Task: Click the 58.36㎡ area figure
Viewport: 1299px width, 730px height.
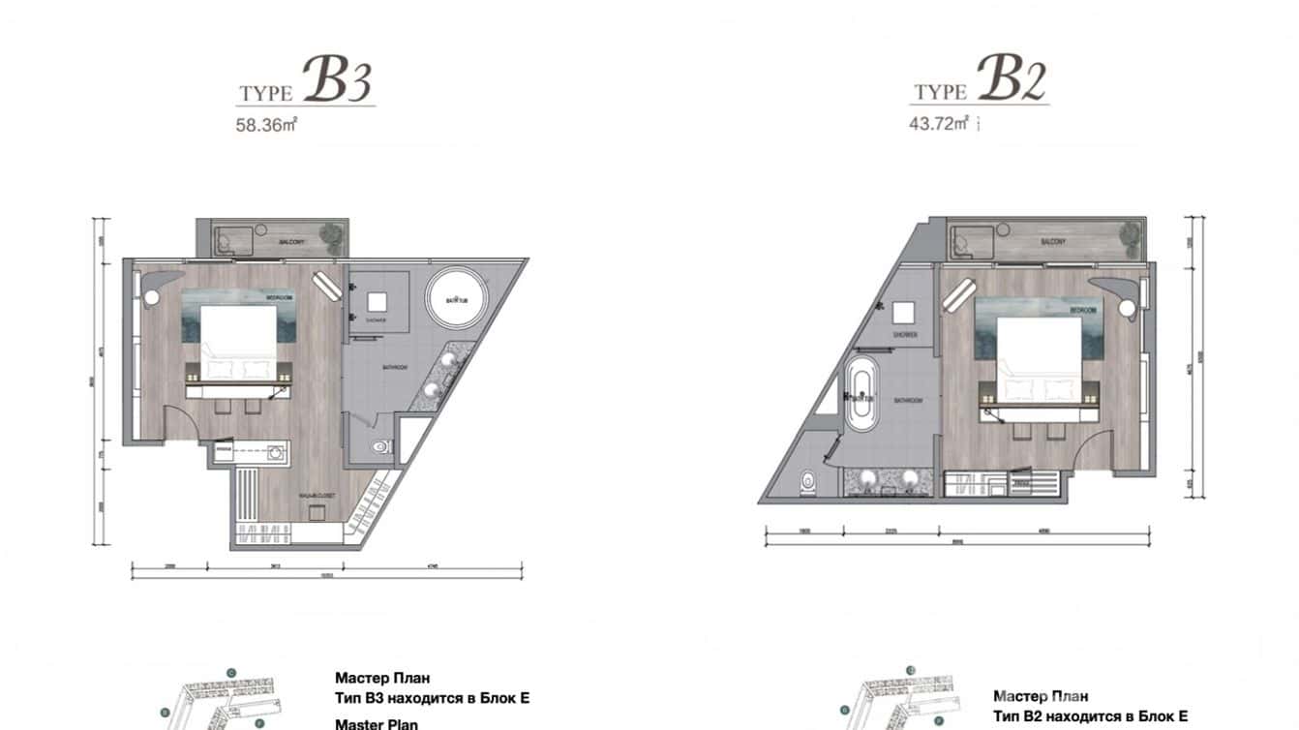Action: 264,124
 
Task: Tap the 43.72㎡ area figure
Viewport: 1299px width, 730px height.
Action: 938,123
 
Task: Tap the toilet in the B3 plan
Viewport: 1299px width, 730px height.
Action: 382,446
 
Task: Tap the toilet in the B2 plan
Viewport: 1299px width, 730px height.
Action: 809,481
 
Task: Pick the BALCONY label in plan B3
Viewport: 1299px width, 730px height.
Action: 292,240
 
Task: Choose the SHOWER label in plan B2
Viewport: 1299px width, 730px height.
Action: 905,335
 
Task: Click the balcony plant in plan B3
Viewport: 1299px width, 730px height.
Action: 332,234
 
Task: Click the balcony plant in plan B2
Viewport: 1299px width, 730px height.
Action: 1129,233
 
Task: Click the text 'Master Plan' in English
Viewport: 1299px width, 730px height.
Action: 377,723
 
